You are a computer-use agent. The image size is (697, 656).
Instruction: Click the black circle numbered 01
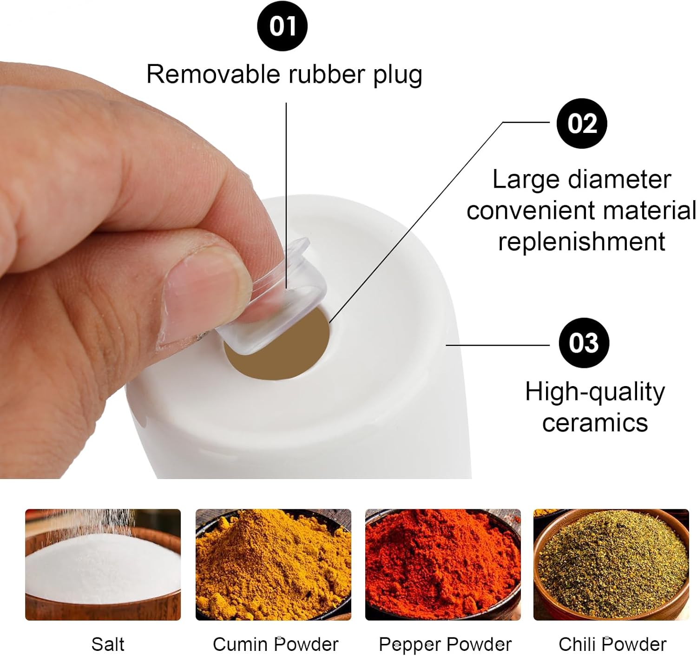[282, 26]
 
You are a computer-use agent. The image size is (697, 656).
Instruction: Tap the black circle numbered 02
[582, 123]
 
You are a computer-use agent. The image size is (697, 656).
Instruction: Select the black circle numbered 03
[584, 342]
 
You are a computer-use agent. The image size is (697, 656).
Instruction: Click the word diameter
[619, 179]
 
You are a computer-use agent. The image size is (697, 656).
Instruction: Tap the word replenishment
[582, 243]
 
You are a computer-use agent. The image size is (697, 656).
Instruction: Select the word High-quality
[595, 393]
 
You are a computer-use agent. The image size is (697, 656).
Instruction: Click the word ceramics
[595, 423]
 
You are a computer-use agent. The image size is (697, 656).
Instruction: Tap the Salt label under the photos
[108, 644]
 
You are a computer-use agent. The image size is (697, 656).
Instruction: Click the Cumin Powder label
[276, 644]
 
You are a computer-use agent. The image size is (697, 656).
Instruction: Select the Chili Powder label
[612, 644]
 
